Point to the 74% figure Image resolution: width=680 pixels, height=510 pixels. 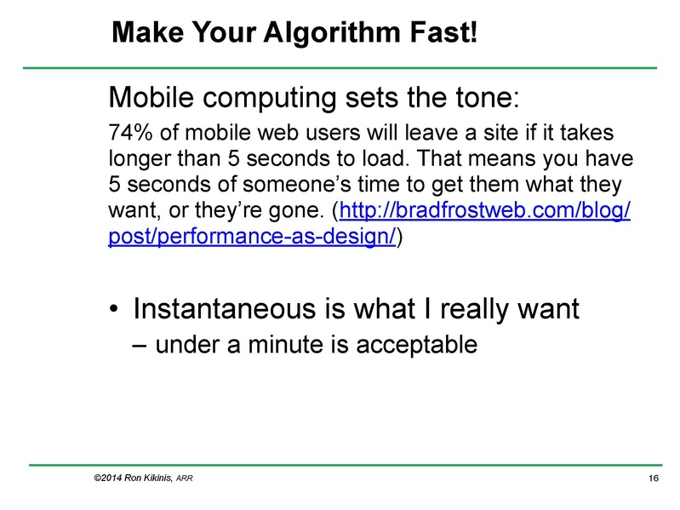point(129,135)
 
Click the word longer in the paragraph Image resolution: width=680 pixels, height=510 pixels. point(138,160)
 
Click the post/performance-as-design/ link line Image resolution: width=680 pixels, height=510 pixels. point(253,235)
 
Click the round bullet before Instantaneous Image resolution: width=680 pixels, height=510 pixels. point(113,308)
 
